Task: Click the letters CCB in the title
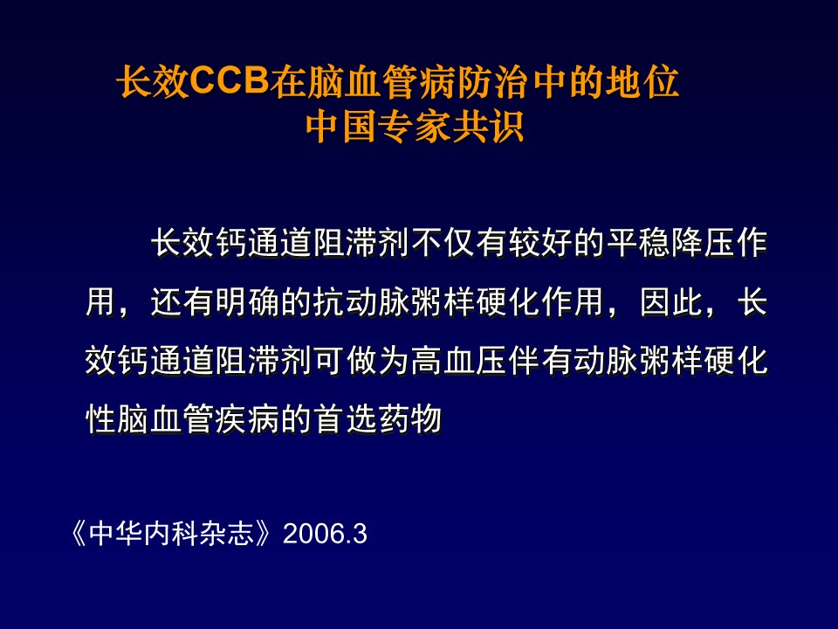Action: pos(229,82)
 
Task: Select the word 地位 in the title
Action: pos(642,82)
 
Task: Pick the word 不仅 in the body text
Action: pos(443,243)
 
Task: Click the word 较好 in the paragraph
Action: pos(540,243)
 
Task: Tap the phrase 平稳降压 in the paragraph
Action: pos(670,243)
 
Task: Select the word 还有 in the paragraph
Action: pos(182,301)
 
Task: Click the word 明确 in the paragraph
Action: pos(247,301)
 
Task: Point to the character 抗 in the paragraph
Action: pos(329,301)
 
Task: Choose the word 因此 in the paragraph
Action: pos(672,301)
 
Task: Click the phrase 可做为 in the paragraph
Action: pos(361,361)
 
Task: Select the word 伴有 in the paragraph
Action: pos(540,361)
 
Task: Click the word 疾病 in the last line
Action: pos(247,418)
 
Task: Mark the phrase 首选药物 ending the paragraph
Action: pos(378,418)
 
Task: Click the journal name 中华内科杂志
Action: pos(170,533)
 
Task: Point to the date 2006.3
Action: pos(325,534)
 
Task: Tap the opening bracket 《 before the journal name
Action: pos(78,533)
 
